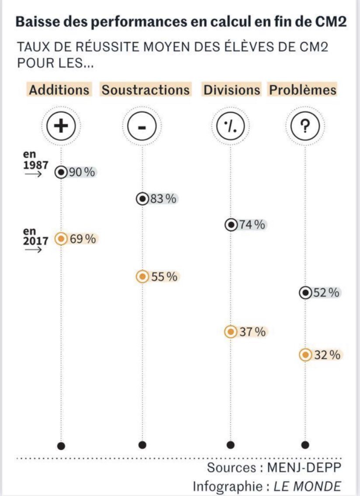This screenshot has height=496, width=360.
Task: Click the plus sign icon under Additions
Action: [x=61, y=126]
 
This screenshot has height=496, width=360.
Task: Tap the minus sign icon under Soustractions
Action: [x=142, y=126]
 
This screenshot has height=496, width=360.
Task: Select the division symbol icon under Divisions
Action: [x=231, y=126]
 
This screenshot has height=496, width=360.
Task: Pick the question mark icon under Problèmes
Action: [x=305, y=126]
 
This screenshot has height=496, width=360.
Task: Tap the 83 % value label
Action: [x=163, y=199]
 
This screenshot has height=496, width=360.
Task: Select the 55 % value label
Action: [x=164, y=277]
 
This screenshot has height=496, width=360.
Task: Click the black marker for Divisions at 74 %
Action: [x=231, y=225]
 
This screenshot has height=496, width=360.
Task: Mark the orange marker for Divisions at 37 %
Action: [x=230, y=332]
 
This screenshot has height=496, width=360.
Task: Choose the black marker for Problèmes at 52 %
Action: [x=305, y=293]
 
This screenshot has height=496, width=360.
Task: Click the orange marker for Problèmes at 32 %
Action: [x=305, y=355]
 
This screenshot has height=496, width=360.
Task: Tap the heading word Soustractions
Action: [x=146, y=90]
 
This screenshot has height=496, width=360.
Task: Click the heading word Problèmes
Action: [x=303, y=90]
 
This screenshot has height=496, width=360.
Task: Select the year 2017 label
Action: [x=36, y=240]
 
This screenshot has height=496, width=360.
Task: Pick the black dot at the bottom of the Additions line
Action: [x=61, y=446]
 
